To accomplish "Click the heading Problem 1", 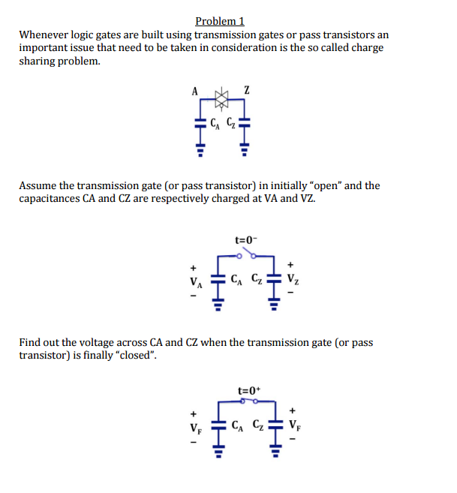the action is pyautogui.click(x=219, y=21).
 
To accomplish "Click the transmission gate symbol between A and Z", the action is pyautogui.click(x=221, y=96).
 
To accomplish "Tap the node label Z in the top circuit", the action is pyautogui.click(x=246, y=91).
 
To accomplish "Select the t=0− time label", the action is pyautogui.click(x=245, y=240).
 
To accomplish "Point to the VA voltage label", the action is pyautogui.click(x=195, y=284).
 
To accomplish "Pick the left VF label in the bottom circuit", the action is pyautogui.click(x=195, y=432).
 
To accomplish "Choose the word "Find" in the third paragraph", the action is pyautogui.click(x=30, y=343).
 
